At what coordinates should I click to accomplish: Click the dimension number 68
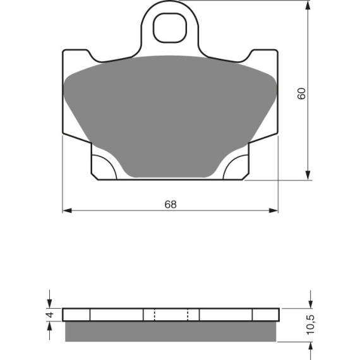tap(171, 204)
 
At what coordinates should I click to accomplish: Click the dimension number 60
tap(301, 93)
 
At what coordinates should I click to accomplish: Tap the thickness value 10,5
tap(309, 325)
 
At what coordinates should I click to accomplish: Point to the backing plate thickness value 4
tap(50, 315)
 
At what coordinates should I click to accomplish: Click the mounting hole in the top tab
tap(170, 28)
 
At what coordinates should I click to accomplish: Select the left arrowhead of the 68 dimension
tap(68, 210)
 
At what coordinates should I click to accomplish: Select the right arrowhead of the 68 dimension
tap(273, 210)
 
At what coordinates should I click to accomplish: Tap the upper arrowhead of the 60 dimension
tap(308, 5)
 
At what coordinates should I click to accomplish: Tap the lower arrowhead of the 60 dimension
tap(308, 175)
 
